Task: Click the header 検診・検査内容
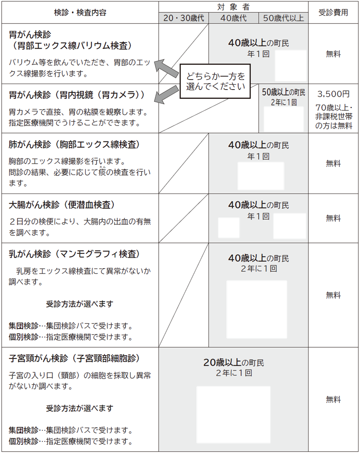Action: click(x=80, y=12)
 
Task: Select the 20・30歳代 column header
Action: click(x=183, y=18)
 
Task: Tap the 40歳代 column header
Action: click(x=234, y=18)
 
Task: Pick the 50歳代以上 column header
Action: click(x=284, y=18)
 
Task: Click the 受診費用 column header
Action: click(x=333, y=12)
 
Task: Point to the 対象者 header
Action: click(x=234, y=6)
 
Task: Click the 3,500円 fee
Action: click(x=333, y=94)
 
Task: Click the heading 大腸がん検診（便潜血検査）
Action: click(x=62, y=205)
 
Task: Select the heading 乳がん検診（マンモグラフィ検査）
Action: click(x=74, y=254)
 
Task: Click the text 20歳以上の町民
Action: click(x=234, y=363)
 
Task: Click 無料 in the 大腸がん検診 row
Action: click(x=333, y=218)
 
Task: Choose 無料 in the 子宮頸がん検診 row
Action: click(x=333, y=399)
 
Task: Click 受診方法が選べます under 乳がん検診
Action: click(x=80, y=304)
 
